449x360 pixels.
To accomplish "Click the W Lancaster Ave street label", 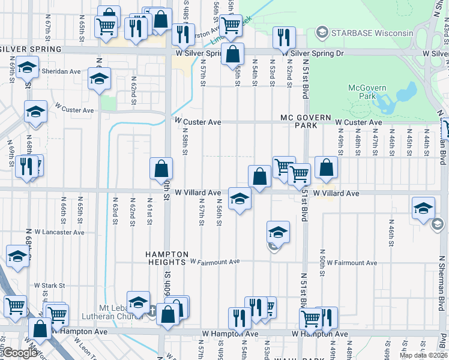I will coord(59,232).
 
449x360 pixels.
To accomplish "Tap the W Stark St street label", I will coord(49,285).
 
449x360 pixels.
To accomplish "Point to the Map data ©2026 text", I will coord(423,355).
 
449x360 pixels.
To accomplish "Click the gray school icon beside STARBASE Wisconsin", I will coord(322,32).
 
